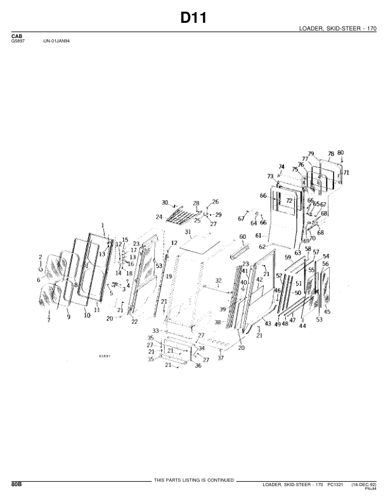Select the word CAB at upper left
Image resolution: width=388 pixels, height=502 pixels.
pos(17,37)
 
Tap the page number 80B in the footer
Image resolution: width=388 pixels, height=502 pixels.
pos(16,484)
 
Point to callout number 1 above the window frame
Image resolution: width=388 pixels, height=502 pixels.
pos(102,225)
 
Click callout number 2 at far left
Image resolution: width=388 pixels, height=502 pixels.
pos(41,257)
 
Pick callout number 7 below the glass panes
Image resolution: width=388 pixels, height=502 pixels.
pos(48,321)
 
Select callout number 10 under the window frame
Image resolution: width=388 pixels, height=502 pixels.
pos(86,314)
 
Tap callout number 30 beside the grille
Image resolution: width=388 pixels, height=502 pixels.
pos(164,203)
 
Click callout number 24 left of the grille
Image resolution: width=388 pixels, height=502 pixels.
pos(159,217)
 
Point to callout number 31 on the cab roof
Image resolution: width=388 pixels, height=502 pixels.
pos(188,233)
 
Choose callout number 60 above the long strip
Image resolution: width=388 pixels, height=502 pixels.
pos(242,236)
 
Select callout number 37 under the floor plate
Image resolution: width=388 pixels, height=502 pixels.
pos(221,358)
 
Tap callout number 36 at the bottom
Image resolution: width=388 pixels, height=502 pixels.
pos(198,366)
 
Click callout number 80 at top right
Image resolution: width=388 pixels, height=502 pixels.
pos(340,153)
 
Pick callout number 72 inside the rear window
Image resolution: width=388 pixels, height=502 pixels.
pos(289,200)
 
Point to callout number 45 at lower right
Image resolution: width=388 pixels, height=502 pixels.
pos(327,312)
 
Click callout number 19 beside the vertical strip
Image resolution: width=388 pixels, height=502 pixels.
pos(169,277)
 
